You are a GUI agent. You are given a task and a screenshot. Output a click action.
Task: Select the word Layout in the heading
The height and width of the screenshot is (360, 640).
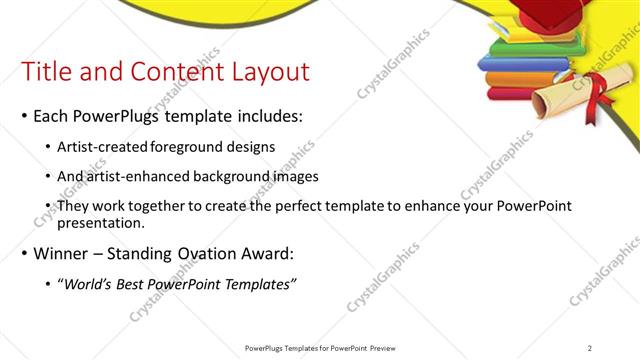(x=267, y=72)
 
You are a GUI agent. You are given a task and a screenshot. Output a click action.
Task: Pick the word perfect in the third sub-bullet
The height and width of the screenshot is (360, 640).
(x=308, y=205)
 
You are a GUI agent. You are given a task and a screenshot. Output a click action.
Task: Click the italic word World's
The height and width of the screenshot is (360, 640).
(x=91, y=284)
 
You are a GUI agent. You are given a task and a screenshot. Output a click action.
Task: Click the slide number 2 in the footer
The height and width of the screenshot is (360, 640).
(x=590, y=347)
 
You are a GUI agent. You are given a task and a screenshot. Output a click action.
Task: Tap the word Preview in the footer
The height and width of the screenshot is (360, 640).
(x=380, y=347)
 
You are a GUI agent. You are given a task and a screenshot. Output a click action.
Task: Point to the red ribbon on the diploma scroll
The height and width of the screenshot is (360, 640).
(x=599, y=101)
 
